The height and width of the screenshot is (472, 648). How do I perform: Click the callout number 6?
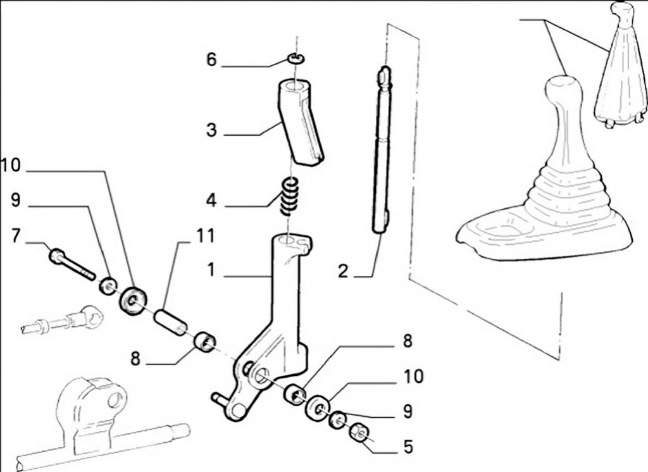point(211,60)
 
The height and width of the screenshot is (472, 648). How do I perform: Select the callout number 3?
point(211,131)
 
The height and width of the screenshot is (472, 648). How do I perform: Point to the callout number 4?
point(211,201)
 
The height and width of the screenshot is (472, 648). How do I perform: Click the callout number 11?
point(205,237)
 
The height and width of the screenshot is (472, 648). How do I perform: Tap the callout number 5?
point(408,447)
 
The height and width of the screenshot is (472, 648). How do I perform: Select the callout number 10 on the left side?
point(11,166)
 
